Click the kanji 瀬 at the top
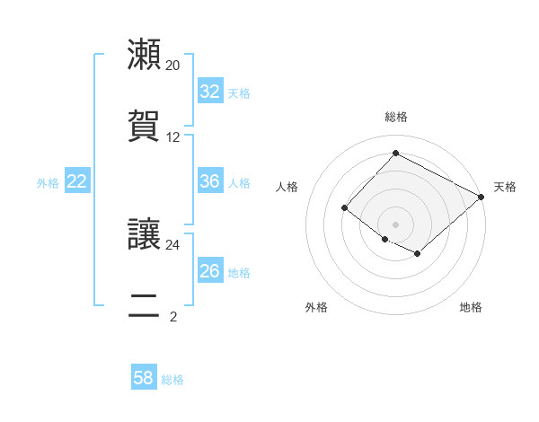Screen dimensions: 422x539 pyautogui.click(x=144, y=55)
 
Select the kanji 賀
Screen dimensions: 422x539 pyautogui.click(x=144, y=127)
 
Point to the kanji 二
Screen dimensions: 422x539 pyautogui.click(x=144, y=306)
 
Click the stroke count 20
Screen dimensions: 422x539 pyautogui.click(x=172, y=66)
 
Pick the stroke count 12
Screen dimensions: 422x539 pyautogui.click(x=172, y=137)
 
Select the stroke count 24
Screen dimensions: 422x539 pyautogui.click(x=172, y=244)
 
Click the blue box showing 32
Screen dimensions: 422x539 pyautogui.click(x=209, y=92)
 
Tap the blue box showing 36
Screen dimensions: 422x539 pyautogui.click(x=209, y=181)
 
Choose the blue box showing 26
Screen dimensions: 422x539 pyautogui.click(x=209, y=271)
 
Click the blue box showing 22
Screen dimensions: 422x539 pyautogui.click(x=77, y=181)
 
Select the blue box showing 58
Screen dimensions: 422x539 pyautogui.click(x=144, y=378)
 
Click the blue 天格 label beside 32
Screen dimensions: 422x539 pyautogui.click(x=238, y=92)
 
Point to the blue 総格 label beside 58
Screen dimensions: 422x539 pyautogui.click(x=172, y=379)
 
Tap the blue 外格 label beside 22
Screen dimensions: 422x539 pyautogui.click(x=48, y=182)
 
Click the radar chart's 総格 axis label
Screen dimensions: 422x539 pyautogui.click(x=395, y=117)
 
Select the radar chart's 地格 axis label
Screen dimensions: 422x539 pyautogui.click(x=471, y=307)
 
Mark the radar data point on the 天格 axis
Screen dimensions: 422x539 pyautogui.click(x=482, y=197)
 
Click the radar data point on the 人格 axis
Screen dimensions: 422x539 pyautogui.click(x=344, y=208)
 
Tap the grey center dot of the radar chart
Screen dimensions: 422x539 pyautogui.click(x=395, y=224)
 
